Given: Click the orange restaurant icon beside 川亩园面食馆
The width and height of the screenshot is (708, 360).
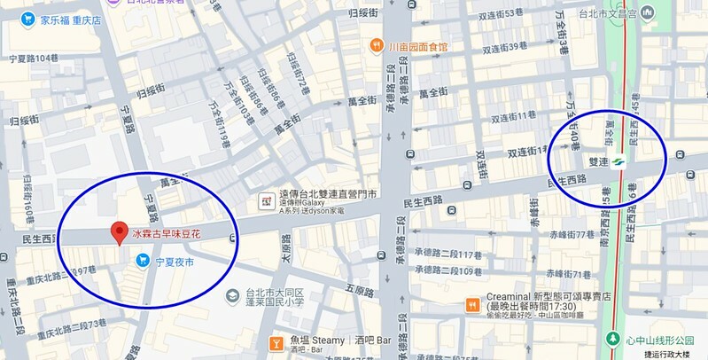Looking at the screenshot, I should click(x=377, y=46).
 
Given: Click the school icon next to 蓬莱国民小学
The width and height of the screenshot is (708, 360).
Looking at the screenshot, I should click(x=232, y=294).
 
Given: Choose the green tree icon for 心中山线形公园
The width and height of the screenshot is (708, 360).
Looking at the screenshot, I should click(x=612, y=339).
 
